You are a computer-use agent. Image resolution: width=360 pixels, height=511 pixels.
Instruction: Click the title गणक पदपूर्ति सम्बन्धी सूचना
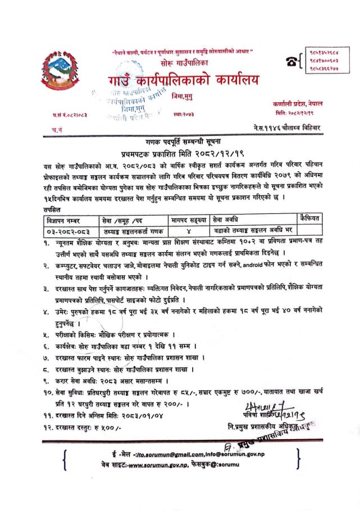(x=180, y=144)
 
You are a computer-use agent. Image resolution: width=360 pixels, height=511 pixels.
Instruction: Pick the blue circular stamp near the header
(x=128, y=101)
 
